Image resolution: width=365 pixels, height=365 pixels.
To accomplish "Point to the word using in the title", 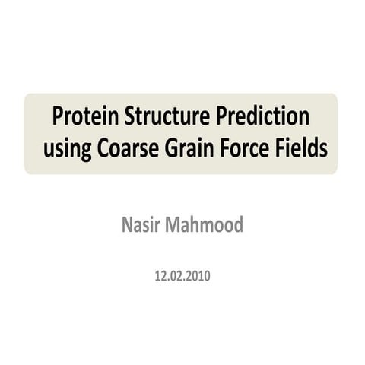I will [x=67, y=150].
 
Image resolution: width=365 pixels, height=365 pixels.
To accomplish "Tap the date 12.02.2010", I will [x=182, y=275].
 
